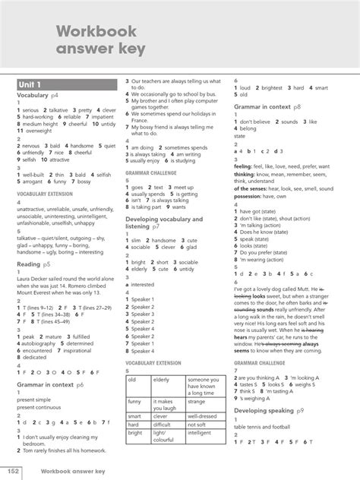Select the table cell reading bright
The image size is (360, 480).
[x=137, y=433]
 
